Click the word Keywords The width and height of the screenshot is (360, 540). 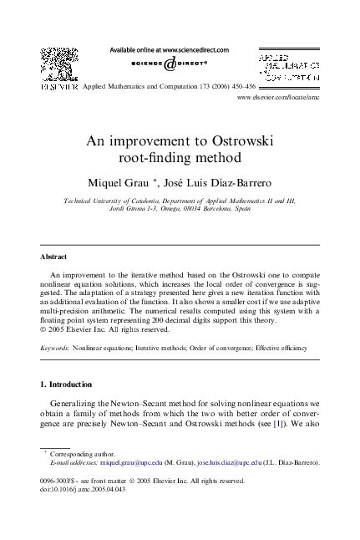[57, 345]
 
